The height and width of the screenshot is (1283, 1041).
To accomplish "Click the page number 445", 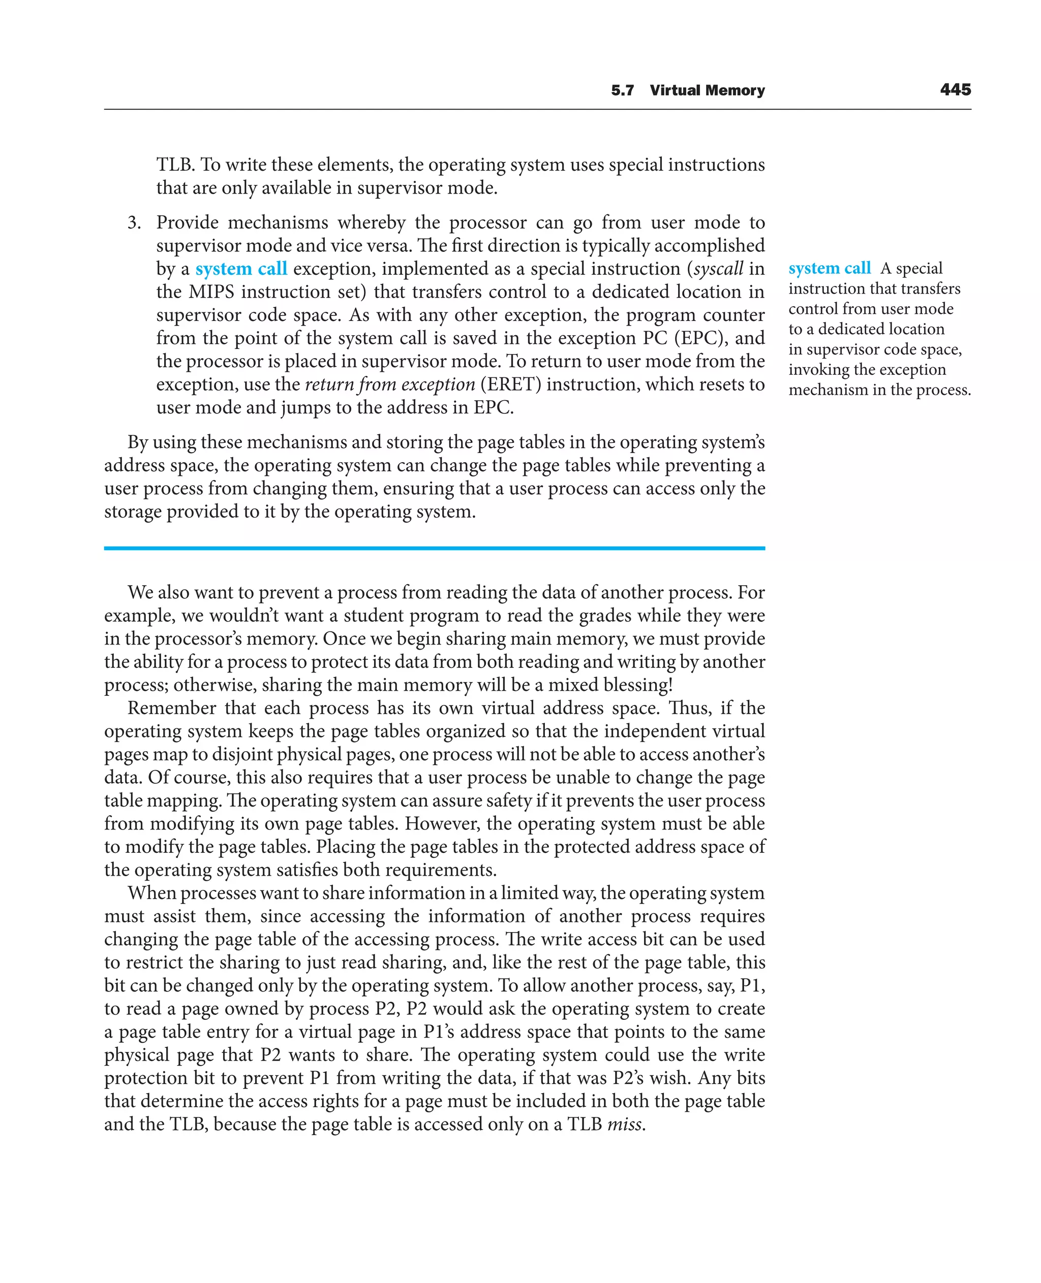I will click(x=955, y=90).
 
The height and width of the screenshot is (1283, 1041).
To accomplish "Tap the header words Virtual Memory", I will click(x=707, y=90).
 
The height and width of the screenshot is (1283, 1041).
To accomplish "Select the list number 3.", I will click(x=134, y=223).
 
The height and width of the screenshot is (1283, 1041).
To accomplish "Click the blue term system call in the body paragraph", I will click(x=241, y=269).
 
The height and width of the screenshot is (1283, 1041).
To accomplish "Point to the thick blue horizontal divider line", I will click(x=434, y=548).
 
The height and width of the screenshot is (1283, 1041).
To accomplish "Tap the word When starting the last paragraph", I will click(x=150, y=893).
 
